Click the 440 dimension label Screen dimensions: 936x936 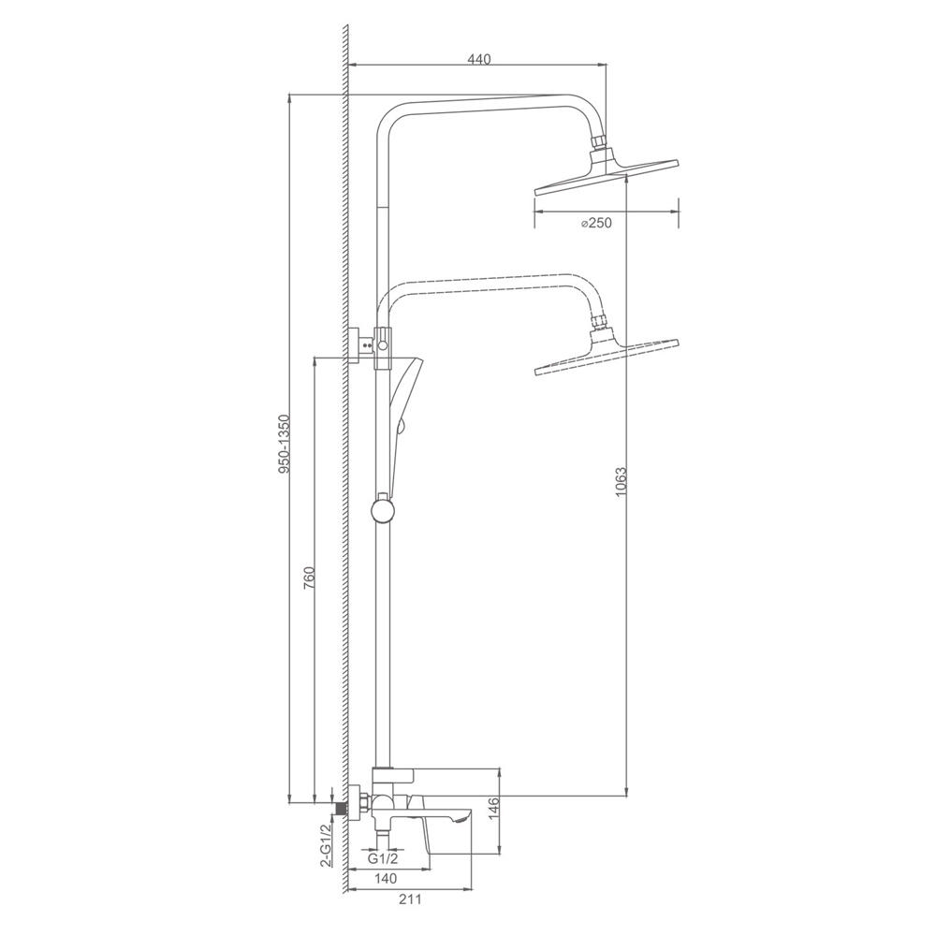tap(478, 59)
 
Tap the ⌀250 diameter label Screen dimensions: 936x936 tap(596, 224)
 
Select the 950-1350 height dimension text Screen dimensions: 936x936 tap(285, 444)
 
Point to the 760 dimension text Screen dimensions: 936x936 tap(309, 578)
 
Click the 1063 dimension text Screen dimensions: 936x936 tap(622, 482)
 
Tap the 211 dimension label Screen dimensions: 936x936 tap(410, 899)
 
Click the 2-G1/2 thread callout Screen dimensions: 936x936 tap(326, 845)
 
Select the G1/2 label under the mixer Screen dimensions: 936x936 tap(382, 859)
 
